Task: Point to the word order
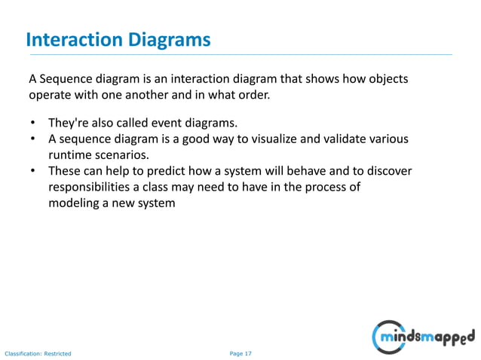click(251, 96)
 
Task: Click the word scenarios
click(125, 155)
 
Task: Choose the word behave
click(337, 171)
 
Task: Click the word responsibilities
click(93, 188)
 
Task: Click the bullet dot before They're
click(33, 123)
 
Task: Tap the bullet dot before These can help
click(33, 172)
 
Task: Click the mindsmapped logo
click(423, 335)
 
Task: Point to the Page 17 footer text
click(240, 352)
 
